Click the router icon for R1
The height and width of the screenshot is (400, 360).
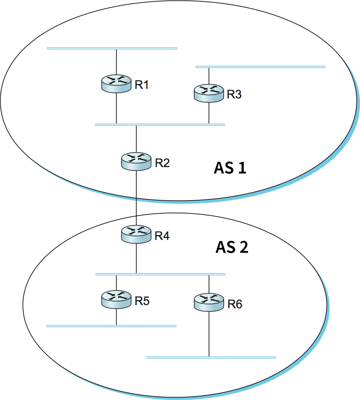[x=116, y=84]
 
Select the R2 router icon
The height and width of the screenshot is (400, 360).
[x=136, y=162]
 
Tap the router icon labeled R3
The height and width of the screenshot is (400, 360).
[x=209, y=94]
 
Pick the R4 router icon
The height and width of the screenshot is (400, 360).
[x=136, y=234]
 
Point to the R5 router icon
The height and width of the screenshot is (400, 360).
[x=116, y=299]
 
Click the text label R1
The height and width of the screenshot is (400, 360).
[x=142, y=85]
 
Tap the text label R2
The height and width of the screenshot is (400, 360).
[x=162, y=163]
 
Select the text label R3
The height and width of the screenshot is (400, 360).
[x=234, y=95]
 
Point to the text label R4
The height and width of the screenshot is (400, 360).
[x=162, y=236]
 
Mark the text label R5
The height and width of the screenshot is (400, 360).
[x=142, y=301]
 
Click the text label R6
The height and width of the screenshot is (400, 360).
[x=235, y=304]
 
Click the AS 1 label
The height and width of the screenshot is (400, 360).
[x=230, y=168]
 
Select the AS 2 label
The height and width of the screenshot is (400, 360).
[x=232, y=247]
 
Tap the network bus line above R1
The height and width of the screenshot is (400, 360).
[x=112, y=48]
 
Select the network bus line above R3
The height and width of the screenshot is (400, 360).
[x=260, y=66]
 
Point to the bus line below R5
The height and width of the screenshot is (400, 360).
[x=111, y=326]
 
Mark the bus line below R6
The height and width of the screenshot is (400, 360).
[x=211, y=357]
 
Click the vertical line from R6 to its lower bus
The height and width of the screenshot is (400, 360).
[x=209, y=334]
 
